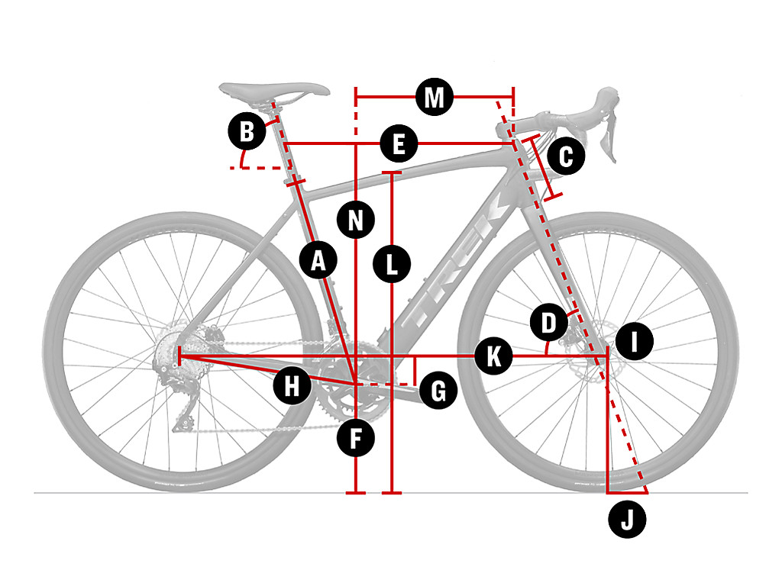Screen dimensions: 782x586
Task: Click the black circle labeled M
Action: [x=435, y=97]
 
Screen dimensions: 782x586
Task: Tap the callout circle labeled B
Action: [x=247, y=131]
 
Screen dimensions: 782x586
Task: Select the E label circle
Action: [x=399, y=144]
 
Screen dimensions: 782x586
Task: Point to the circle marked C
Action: [x=566, y=156]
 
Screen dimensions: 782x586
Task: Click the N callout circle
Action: [x=356, y=220]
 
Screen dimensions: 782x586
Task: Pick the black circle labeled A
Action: [x=318, y=259]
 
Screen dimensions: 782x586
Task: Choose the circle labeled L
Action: [x=392, y=263]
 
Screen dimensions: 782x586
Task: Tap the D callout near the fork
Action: [x=548, y=322]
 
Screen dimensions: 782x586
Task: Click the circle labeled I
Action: [x=634, y=342]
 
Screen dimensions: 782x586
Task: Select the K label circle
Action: [x=493, y=356]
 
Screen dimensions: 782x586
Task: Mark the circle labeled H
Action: [x=292, y=385]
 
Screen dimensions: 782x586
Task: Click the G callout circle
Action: [x=438, y=391]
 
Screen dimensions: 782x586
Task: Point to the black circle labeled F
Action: [x=356, y=439]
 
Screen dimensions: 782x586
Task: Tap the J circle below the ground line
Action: [x=627, y=520]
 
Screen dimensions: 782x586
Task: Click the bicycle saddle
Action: [x=274, y=92]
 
